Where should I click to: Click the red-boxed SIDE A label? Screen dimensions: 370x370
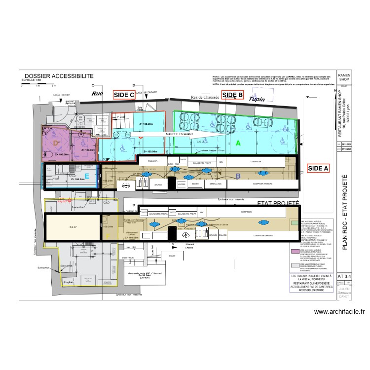(318, 168)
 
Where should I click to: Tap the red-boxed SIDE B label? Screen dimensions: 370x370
(232, 95)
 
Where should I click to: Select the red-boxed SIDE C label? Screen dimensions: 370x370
(124, 95)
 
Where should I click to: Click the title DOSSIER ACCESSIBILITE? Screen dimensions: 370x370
(59, 75)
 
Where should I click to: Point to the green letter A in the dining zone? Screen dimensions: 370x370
(238, 143)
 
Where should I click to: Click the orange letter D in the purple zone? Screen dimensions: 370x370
(56, 143)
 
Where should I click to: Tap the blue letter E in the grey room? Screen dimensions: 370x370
(87, 175)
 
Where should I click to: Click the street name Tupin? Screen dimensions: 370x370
(257, 99)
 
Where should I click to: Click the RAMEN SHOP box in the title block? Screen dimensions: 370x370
(343, 75)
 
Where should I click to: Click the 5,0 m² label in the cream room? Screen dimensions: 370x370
(74, 227)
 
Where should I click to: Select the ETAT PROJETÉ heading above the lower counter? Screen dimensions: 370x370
(271, 203)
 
